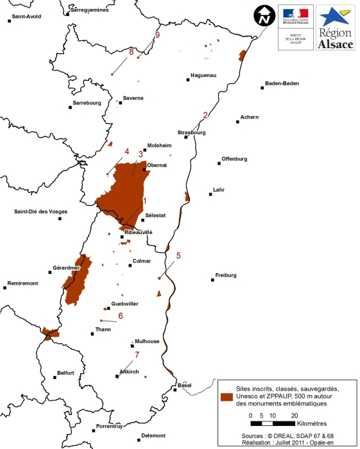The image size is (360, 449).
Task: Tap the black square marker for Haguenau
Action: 188,80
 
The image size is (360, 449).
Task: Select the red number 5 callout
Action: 178,255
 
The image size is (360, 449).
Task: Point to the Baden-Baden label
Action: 282,83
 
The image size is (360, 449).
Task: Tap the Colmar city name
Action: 141,261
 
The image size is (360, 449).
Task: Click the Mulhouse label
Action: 147,342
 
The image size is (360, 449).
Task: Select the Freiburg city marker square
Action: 212,279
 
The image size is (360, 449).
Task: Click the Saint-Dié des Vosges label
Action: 41,212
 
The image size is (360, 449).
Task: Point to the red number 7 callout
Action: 136,354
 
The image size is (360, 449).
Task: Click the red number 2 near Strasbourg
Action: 205,115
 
